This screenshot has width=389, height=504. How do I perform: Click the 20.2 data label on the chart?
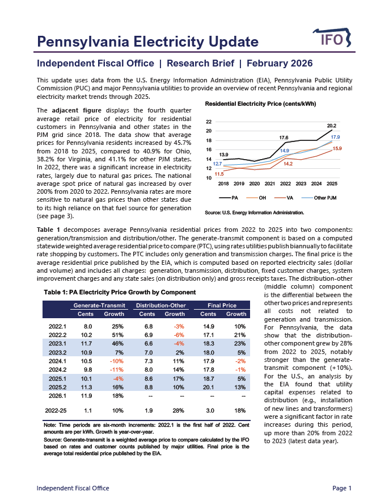(332, 125)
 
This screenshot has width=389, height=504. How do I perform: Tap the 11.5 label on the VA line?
(219, 174)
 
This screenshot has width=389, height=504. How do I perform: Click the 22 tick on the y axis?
(209, 122)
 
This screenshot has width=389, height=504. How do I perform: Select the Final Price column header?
(221, 305)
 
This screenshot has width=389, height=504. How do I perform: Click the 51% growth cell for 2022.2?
(117, 336)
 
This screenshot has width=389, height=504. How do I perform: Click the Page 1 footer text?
(342, 488)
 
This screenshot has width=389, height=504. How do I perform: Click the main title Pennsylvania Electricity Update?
(147, 41)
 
